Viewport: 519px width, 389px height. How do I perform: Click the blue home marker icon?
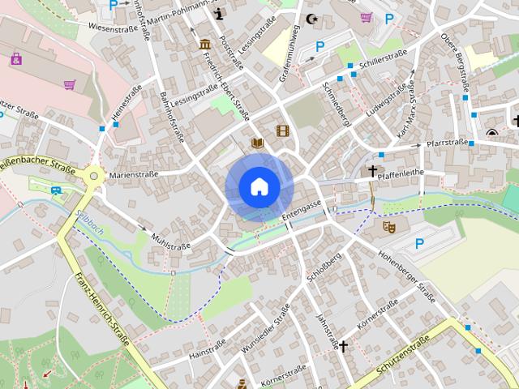tap(258, 187)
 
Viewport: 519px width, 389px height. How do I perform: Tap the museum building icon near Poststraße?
tap(205, 44)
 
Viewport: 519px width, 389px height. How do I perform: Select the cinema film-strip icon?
tap(282, 130)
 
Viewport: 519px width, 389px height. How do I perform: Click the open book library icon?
tap(258, 143)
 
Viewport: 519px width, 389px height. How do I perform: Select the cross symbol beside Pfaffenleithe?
tap(373, 171)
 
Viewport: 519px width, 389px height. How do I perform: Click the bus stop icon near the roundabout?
tap(56, 191)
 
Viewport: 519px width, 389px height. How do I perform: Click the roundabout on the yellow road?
tap(94, 173)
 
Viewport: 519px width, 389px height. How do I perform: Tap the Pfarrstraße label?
tap(447, 143)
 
